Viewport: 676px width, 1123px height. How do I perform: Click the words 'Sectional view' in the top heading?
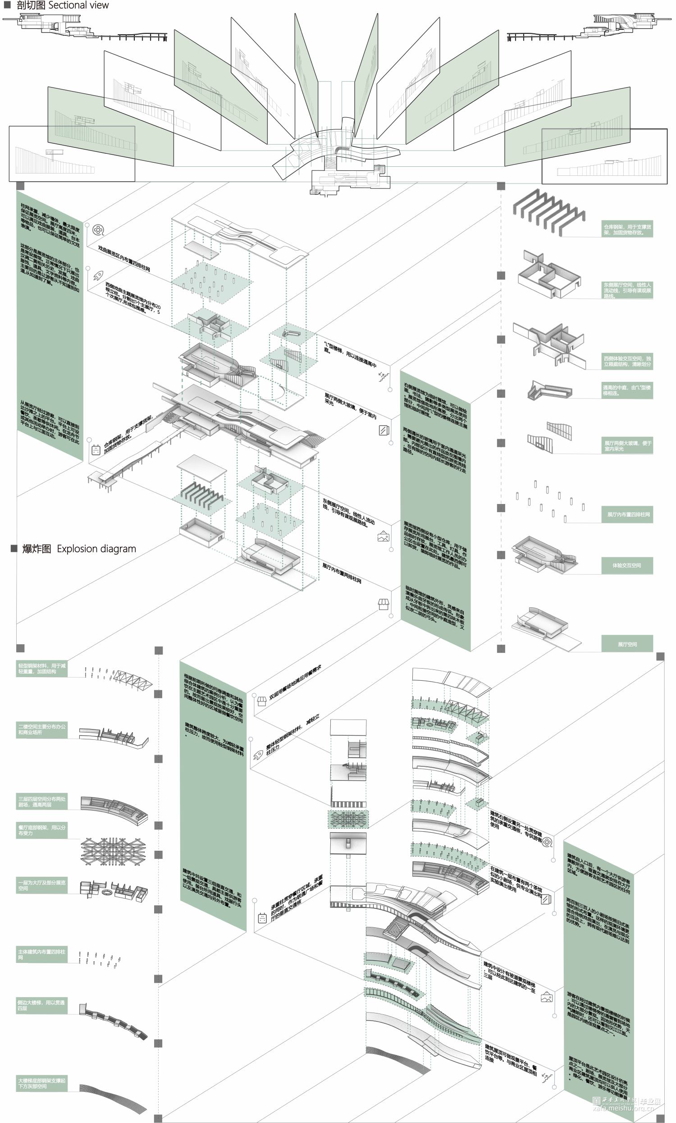(x=78, y=5)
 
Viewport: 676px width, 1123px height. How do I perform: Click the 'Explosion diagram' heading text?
(x=96, y=549)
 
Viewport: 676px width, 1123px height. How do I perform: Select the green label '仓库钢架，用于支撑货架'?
(x=627, y=229)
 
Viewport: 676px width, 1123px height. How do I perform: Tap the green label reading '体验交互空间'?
(x=627, y=565)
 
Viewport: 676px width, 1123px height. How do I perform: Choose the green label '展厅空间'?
(x=627, y=644)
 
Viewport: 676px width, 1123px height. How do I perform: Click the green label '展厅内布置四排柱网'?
(x=627, y=514)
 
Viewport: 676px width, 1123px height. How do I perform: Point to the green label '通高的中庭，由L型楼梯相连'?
(x=627, y=390)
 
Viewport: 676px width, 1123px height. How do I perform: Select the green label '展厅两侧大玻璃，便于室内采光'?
(x=627, y=445)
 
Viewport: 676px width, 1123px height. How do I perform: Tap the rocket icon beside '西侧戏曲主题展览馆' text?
(x=98, y=275)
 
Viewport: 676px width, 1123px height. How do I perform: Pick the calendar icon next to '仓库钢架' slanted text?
(x=96, y=450)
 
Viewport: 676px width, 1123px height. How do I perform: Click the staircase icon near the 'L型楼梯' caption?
(x=384, y=376)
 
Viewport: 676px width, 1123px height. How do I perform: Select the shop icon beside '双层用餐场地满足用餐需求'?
(x=262, y=701)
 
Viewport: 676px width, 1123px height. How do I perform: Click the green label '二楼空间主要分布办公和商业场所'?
(x=41, y=729)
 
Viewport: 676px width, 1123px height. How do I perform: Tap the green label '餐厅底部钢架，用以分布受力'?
(x=41, y=830)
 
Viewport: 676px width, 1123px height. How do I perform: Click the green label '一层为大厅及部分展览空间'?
(x=41, y=885)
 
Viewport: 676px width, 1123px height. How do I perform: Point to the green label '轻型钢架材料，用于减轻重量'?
(x=41, y=668)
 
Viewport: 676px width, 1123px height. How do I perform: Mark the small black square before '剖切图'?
(x=7, y=5)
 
